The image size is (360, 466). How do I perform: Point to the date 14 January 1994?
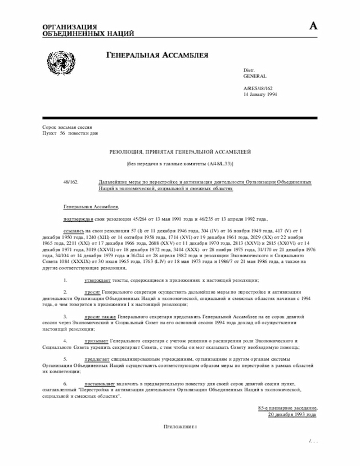click(260, 95)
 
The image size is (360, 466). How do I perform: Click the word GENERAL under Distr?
click(255, 75)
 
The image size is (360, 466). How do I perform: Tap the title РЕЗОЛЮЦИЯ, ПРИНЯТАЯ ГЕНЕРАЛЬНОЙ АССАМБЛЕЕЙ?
click(179, 152)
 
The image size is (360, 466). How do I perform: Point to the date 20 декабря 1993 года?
click(292, 415)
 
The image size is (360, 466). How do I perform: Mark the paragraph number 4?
click(65, 341)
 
